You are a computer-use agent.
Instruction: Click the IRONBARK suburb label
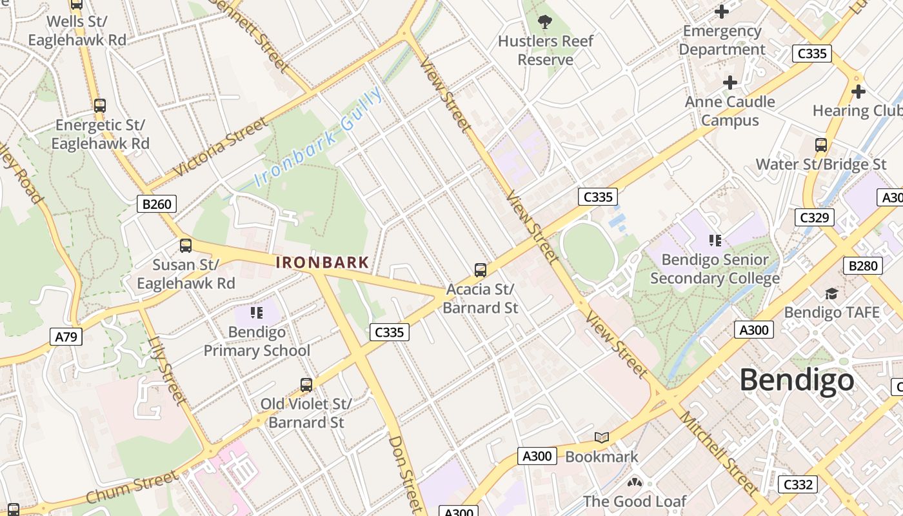coord(322,263)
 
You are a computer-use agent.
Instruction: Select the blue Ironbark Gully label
coord(319,138)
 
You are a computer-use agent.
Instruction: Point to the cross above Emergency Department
coord(722,12)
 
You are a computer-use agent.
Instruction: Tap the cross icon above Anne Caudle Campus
coord(730,83)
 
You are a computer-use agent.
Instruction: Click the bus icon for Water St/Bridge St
coord(821,145)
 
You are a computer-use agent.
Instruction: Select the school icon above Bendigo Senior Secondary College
coord(715,241)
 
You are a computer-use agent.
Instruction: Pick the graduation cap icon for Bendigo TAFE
coord(831,294)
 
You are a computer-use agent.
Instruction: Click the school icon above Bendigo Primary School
coord(257,313)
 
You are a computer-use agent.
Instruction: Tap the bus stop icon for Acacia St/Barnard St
coord(480,270)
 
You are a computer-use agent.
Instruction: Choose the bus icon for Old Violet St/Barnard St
coord(306,385)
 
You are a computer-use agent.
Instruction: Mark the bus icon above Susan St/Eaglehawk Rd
coord(186,245)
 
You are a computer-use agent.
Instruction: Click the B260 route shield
coord(157,204)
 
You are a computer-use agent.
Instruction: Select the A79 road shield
coord(66,336)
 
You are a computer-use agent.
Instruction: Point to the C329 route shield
coord(815,217)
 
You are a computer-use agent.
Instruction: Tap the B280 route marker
coord(862,265)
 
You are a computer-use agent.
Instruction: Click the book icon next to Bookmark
coord(602,438)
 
